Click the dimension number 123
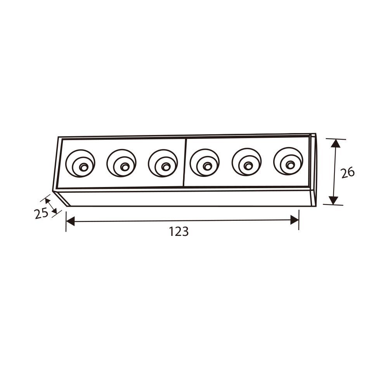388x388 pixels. coord(178,232)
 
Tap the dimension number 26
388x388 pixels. coord(348,173)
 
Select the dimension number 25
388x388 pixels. coord(42,213)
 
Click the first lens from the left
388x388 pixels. coord(80,163)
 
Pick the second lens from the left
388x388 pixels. coord(121,163)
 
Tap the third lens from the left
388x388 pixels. coord(163,163)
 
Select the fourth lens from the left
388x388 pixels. coord(204,163)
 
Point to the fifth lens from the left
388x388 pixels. coord(246,162)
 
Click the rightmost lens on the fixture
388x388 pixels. coord(288,161)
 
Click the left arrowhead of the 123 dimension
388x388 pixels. coord(70,221)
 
